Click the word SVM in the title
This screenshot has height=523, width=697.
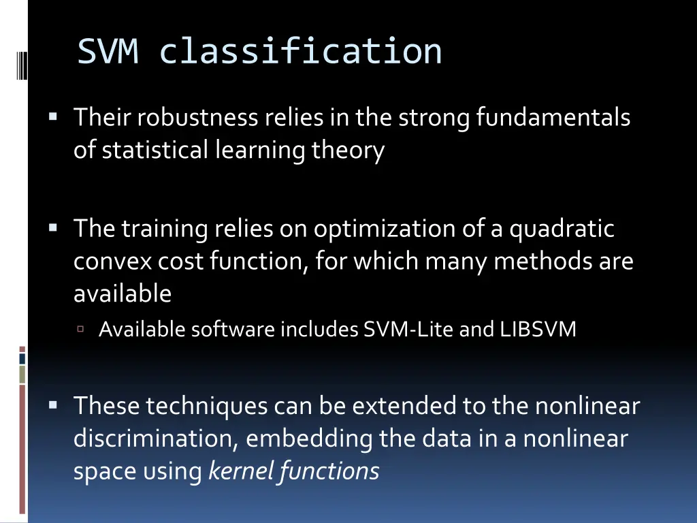[108, 51]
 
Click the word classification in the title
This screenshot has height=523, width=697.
[300, 51]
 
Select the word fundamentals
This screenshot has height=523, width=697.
[553, 118]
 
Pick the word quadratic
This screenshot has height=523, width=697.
[562, 228]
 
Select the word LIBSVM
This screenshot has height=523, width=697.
[538, 330]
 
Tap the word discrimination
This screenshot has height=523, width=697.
[156, 438]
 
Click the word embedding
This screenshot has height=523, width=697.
[309, 438]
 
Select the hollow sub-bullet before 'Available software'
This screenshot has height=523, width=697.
[80, 329]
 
